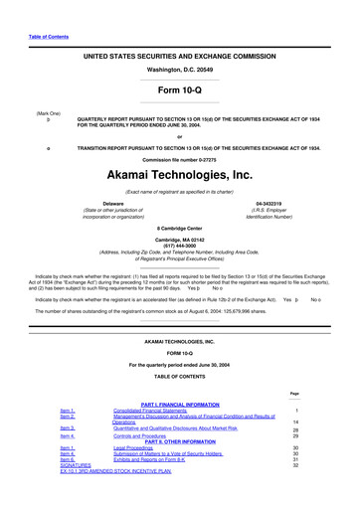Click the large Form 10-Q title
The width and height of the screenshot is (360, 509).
179,91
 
